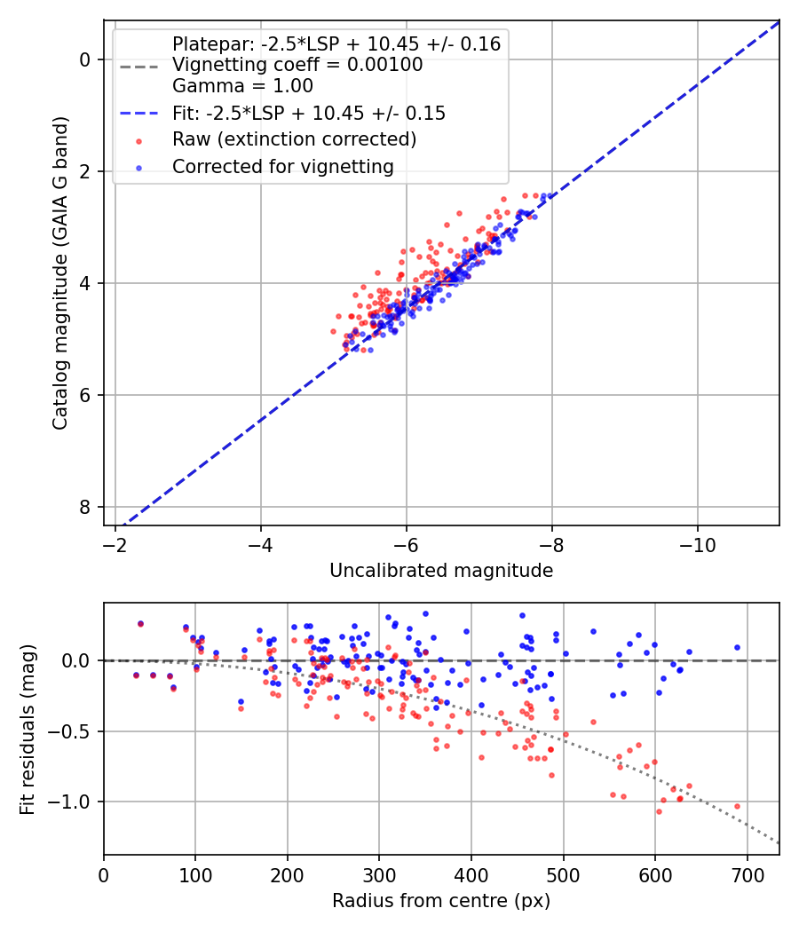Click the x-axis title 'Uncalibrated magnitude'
441,571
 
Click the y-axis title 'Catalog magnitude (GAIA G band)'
60,272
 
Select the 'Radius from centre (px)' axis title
441,901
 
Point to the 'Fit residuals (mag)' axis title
28,730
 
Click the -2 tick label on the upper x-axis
115,545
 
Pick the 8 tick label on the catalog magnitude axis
85,507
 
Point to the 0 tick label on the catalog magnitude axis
85,60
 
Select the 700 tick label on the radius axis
747,875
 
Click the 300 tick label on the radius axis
379,875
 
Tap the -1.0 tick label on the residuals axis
70,802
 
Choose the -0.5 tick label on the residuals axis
70,731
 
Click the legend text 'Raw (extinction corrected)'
294,139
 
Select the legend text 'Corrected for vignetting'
283,167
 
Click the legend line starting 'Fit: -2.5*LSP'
309,113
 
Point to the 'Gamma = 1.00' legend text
242,85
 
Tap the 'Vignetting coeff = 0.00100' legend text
297,64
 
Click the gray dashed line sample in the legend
139,67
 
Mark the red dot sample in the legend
139,141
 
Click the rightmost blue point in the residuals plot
737,647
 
